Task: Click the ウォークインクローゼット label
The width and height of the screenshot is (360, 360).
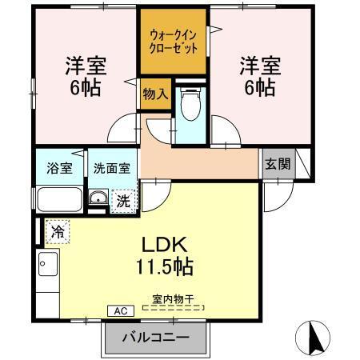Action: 174,40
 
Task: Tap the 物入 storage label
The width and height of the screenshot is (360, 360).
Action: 154,94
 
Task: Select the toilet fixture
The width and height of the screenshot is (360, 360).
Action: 190,105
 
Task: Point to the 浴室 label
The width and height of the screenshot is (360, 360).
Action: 59,168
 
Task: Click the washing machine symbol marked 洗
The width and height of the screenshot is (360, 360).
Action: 122,201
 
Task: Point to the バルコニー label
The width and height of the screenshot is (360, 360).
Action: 157,337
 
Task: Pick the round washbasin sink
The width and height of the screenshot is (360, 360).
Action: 98,199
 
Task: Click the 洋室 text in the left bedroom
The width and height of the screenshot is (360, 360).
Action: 86,66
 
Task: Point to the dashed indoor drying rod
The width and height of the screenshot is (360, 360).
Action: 174,307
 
